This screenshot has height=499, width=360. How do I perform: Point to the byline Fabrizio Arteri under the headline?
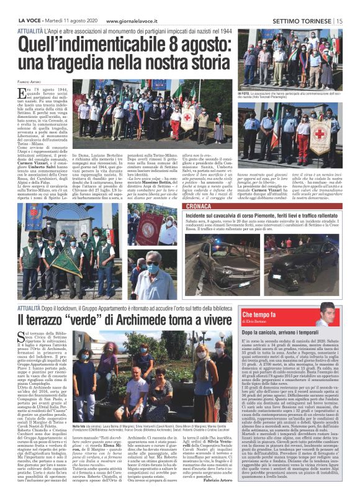click(29, 83)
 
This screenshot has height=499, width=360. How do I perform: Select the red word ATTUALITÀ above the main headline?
click(30, 29)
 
